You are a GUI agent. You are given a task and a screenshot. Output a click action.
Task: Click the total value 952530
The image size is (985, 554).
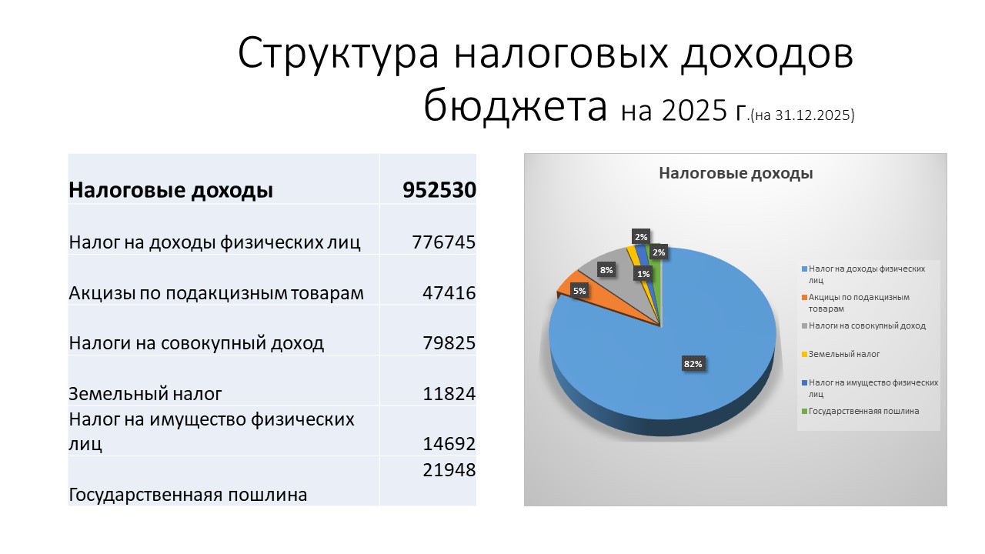click(x=439, y=190)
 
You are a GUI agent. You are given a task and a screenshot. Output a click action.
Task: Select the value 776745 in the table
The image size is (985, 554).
click(x=443, y=242)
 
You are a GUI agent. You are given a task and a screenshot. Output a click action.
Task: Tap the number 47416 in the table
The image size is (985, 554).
click(x=449, y=293)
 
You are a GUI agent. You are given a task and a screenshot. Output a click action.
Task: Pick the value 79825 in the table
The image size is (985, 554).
click(x=449, y=343)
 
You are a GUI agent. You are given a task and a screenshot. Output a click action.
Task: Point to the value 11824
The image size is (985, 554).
click(x=449, y=393)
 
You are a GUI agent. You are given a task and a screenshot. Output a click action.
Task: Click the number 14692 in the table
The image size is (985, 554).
click(x=449, y=444)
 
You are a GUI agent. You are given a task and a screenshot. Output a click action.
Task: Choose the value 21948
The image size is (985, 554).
click(x=449, y=470)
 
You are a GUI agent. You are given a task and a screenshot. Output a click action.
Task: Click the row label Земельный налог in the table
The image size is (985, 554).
click(x=145, y=393)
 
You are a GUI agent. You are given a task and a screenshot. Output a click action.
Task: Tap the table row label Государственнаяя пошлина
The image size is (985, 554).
click(x=188, y=495)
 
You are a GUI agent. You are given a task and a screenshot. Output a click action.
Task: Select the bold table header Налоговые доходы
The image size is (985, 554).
click(x=171, y=190)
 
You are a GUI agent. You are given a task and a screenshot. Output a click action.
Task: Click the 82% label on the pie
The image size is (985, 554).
click(x=693, y=364)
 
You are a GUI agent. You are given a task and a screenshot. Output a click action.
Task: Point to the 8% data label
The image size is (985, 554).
click(x=606, y=270)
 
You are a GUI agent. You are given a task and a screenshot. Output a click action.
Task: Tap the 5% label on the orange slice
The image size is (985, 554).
click(x=579, y=291)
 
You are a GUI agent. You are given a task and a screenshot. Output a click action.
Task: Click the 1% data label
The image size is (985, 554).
click(x=643, y=274)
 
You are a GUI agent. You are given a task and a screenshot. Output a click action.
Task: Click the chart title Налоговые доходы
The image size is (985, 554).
click(x=736, y=173)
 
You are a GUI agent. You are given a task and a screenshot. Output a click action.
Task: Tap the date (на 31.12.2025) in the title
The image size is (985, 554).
click(x=802, y=115)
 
